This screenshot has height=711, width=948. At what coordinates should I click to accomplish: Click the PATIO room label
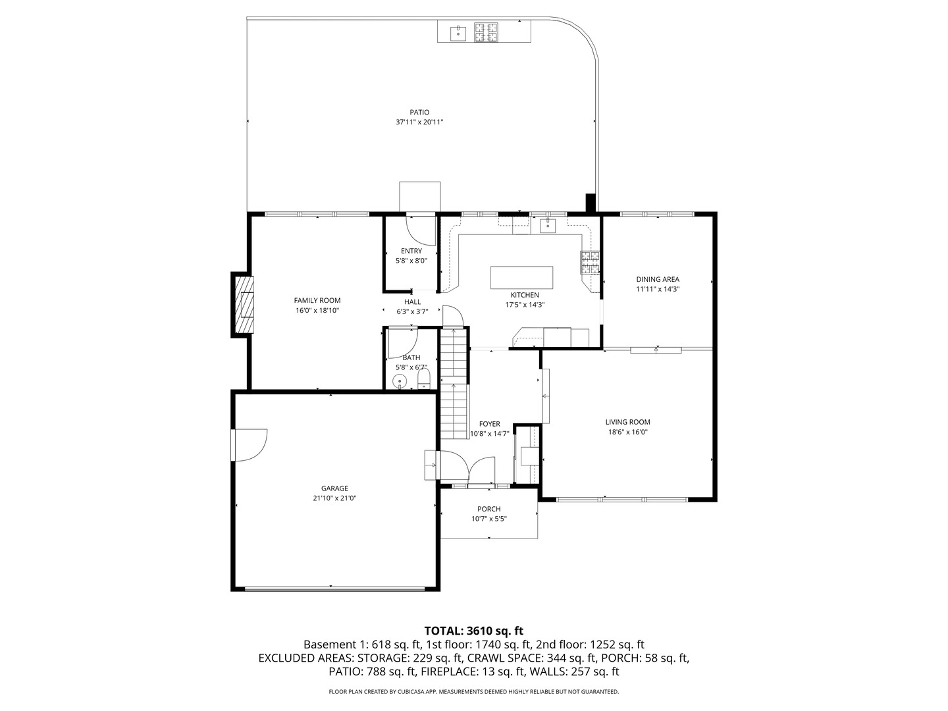(x=419, y=112)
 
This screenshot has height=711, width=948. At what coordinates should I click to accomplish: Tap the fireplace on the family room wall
(x=244, y=303)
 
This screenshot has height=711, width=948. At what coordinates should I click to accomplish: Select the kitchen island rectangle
(x=521, y=277)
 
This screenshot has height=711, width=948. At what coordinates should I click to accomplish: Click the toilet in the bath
(x=424, y=379)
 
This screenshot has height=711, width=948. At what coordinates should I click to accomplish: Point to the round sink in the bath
(x=399, y=381)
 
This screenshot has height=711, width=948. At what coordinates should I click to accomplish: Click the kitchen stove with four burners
(x=590, y=262)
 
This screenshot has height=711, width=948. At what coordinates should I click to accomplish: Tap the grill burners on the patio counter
(x=487, y=31)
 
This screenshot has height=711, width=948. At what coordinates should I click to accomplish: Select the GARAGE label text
(x=334, y=488)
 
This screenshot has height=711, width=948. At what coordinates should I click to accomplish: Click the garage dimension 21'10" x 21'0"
(x=334, y=498)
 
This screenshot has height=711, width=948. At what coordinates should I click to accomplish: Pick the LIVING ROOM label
(x=627, y=422)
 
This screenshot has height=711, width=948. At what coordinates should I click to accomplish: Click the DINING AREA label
(x=657, y=279)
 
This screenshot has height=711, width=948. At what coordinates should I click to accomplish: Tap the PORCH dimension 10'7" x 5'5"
(x=488, y=519)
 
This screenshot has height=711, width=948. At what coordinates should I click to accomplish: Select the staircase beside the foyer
(x=453, y=385)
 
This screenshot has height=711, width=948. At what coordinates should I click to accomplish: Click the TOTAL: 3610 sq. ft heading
(x=473, y=631)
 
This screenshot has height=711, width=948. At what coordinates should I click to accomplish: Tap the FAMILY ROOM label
(x=317, y=300)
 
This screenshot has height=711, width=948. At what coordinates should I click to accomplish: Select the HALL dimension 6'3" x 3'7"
(x=412, y=312)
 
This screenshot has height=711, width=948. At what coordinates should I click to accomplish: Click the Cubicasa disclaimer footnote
(x=473, y=692)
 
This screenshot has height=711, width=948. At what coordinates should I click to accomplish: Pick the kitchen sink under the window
(x=548, y=226)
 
